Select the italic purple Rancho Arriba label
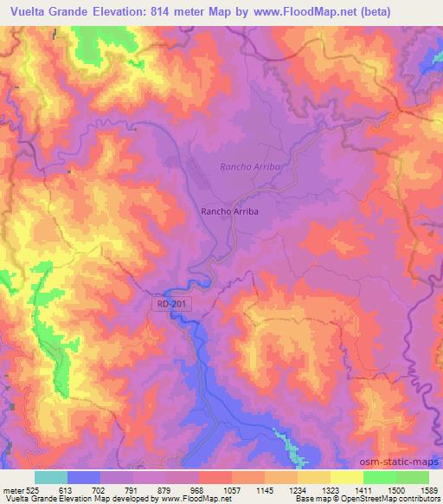(251, 166)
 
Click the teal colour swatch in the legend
(50, 477)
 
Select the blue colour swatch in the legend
(83, 477)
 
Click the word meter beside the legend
(12, 489)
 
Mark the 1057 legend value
(231, 489)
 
